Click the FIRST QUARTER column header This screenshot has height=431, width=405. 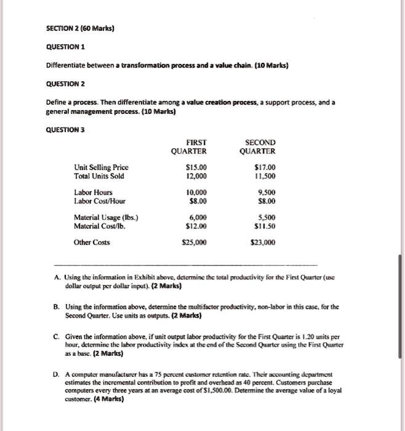tap(190, 147)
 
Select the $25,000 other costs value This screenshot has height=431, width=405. tap(194, 242)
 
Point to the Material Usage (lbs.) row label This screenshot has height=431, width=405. tap(106, 217)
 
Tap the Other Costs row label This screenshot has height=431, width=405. tap(92, 242)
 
